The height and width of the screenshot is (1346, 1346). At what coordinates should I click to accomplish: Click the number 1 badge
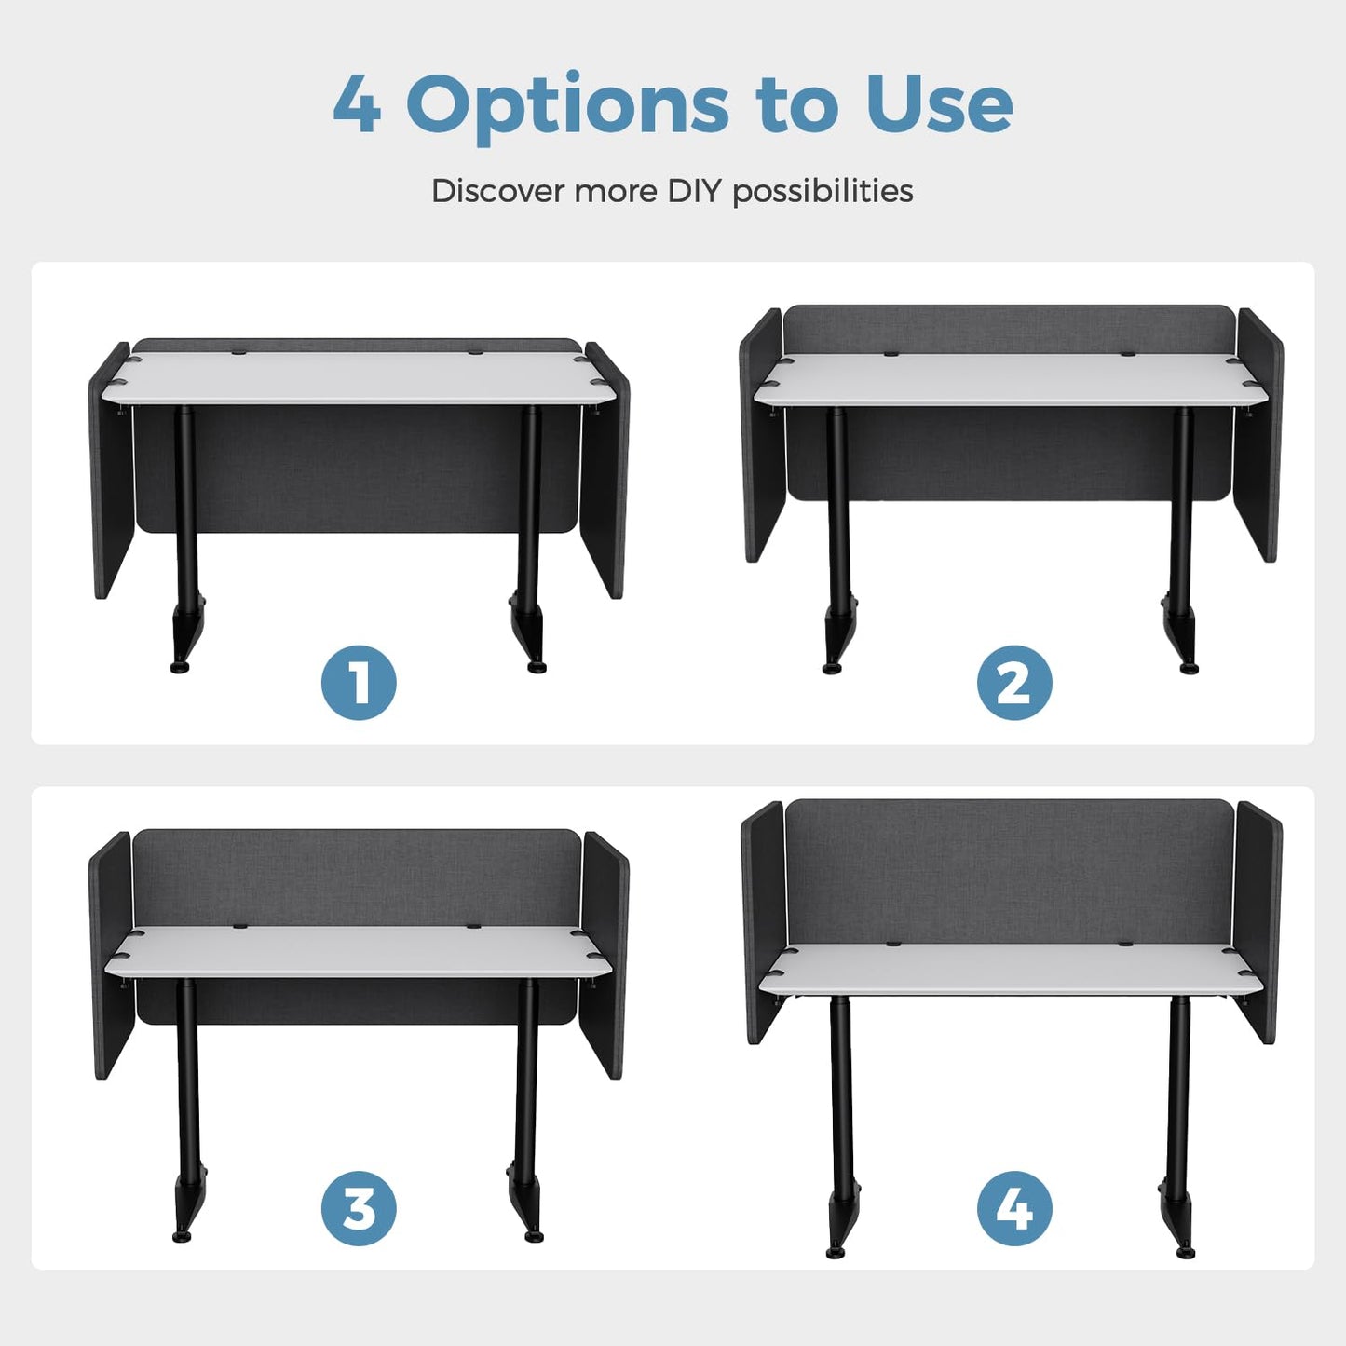coord(359,683)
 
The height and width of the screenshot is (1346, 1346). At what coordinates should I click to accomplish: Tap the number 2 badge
coord(1014,683)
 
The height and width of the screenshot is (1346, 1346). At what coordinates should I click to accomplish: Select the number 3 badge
coord(359,1208)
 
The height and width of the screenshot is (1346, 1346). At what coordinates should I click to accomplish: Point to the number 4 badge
coord(1014,1208)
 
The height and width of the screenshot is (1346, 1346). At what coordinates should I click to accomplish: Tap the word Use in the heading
coord(939,103)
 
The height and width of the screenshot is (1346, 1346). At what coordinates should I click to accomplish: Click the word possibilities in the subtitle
coord(823,192)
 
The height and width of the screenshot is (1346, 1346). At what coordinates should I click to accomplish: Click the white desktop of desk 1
coord(357,377)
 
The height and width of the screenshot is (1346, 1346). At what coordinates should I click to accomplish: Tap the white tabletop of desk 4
coord(1011,968)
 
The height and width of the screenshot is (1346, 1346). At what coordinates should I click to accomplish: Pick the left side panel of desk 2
coord(761,434)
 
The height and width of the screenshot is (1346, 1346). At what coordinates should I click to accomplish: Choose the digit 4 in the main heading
coord(357,103)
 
